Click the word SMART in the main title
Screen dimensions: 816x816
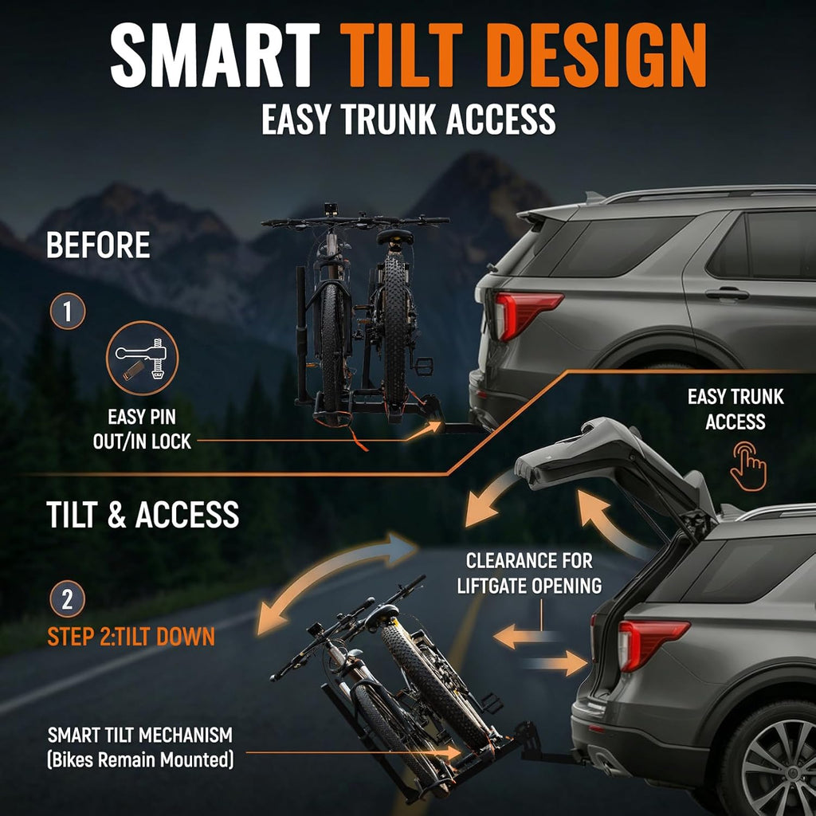coord(214,55)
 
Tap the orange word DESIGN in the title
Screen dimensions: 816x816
coord(597,55)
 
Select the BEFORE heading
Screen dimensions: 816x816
coord(98,245)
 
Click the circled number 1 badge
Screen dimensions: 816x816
coord(68,312)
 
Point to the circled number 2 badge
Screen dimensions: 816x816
coord(68,599)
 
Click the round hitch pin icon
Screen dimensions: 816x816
coord(142,359)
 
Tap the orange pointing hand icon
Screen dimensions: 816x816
coord(747,465)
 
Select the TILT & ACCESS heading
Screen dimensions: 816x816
coord(143,515)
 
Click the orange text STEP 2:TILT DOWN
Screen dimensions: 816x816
coord(131,637)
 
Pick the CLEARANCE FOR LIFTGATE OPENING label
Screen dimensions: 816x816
coord(529,573)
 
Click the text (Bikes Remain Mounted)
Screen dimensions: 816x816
coord(140,759)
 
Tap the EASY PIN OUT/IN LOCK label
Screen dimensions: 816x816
coord(142,430)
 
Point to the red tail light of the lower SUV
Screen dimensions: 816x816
coord(650,643)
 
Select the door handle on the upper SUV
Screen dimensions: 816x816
coord(727,294)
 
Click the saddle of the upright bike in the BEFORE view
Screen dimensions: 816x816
coord(395,237)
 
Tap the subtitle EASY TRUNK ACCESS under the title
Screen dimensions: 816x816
coord(409,120)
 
